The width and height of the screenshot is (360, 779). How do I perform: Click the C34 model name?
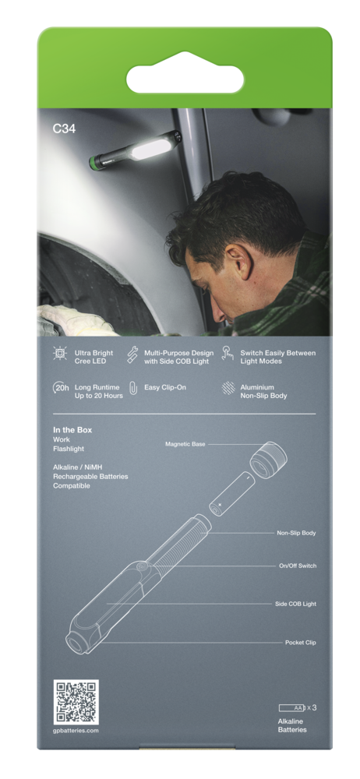coord(64,129)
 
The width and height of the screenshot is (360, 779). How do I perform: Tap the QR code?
coord(76,702)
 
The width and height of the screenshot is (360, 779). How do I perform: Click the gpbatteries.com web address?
coord(76,731)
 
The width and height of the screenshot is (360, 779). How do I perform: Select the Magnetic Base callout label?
coord(185,444)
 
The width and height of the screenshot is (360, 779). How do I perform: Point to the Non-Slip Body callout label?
coord(296,533)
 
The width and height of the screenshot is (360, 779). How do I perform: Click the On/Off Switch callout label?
coord(298,566)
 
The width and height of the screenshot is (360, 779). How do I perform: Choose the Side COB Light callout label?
coord(296,605)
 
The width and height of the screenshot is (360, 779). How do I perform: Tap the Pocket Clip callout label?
coord(301,643)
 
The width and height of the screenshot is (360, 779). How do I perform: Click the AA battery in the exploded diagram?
coord(231,495)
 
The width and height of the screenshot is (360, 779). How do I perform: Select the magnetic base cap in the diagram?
coord(269,460)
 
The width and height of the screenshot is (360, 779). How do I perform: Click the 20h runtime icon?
coord(61,388)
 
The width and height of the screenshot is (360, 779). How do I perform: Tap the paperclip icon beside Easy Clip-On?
coord(132,388)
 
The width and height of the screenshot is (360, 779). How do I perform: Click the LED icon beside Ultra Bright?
coord(60,354)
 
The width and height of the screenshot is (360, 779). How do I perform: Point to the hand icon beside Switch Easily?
coord(228,353)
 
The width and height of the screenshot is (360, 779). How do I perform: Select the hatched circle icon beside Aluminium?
coord(228,388)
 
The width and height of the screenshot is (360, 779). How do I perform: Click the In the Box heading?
coord(72,430)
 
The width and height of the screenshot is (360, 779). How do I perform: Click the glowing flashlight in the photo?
coord(135,150)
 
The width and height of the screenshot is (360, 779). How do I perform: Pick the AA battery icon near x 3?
coord(292,707)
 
